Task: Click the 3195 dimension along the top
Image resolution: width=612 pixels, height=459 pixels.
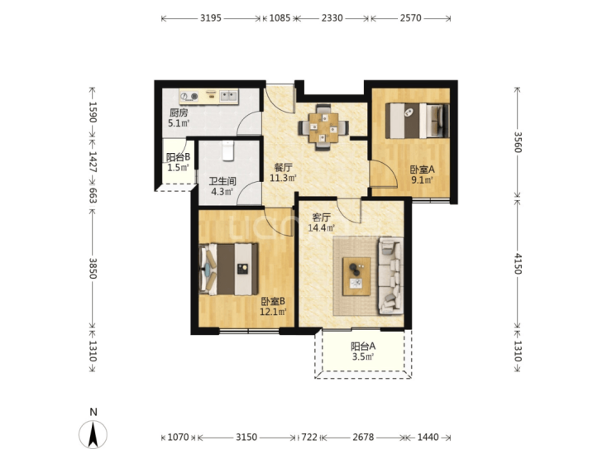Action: (211, 18)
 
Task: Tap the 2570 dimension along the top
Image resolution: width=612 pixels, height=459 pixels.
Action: (410, 18)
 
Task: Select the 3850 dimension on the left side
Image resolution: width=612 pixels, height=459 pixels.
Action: (93, 268)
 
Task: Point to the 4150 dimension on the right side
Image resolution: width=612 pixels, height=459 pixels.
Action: (518, 264)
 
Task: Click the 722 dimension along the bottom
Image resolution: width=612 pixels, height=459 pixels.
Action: (309, 437)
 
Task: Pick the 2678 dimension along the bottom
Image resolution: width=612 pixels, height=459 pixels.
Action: (363, 437)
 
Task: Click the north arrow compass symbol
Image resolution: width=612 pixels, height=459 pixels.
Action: (93, 434)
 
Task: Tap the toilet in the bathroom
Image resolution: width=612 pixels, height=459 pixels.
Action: (228, 151)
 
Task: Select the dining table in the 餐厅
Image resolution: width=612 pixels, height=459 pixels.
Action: (323, 127)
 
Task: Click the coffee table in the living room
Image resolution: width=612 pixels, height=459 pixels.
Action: (356, 276)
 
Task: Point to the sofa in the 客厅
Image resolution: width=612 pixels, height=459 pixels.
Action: (390, 275)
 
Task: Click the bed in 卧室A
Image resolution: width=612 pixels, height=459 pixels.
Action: (418, 121)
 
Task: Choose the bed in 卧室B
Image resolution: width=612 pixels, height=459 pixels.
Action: (229, 269)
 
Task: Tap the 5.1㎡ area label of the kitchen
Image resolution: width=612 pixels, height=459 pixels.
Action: (179, 123)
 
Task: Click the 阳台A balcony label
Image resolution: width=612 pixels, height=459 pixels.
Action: (363, 347)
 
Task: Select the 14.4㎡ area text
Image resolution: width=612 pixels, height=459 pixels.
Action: (321, 228)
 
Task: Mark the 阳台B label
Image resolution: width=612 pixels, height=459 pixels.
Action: (178, 157)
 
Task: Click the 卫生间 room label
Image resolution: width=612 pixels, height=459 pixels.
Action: (222, 181)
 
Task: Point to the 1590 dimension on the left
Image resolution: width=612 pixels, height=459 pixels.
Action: (93, 112)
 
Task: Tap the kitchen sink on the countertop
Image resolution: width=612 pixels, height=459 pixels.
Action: (228, 96)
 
